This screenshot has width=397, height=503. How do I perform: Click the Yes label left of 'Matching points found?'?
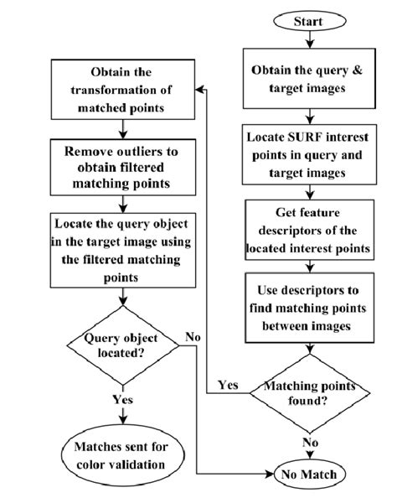pos(227,386)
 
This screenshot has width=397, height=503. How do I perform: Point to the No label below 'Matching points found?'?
pos(310,441)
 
